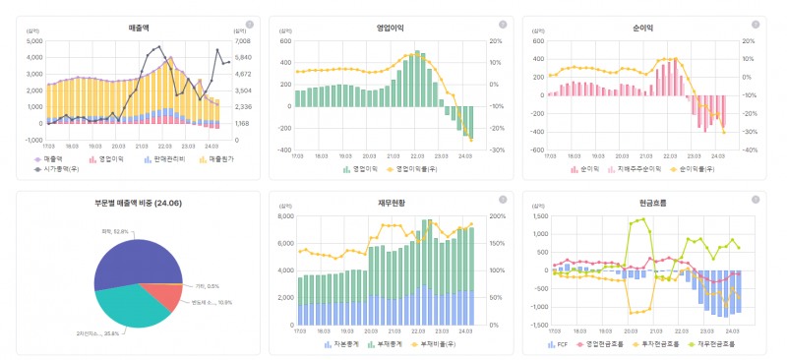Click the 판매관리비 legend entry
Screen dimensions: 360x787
point(163,158)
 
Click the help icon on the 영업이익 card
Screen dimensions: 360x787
point(503,24)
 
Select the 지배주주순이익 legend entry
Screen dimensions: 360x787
point(641,169)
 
